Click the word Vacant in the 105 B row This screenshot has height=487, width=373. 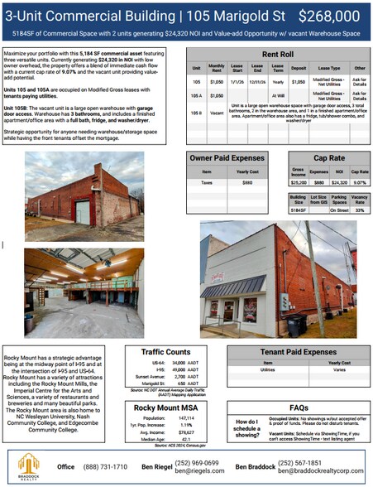217,110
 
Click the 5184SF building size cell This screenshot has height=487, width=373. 298,210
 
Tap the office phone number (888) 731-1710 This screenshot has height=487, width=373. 105,467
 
